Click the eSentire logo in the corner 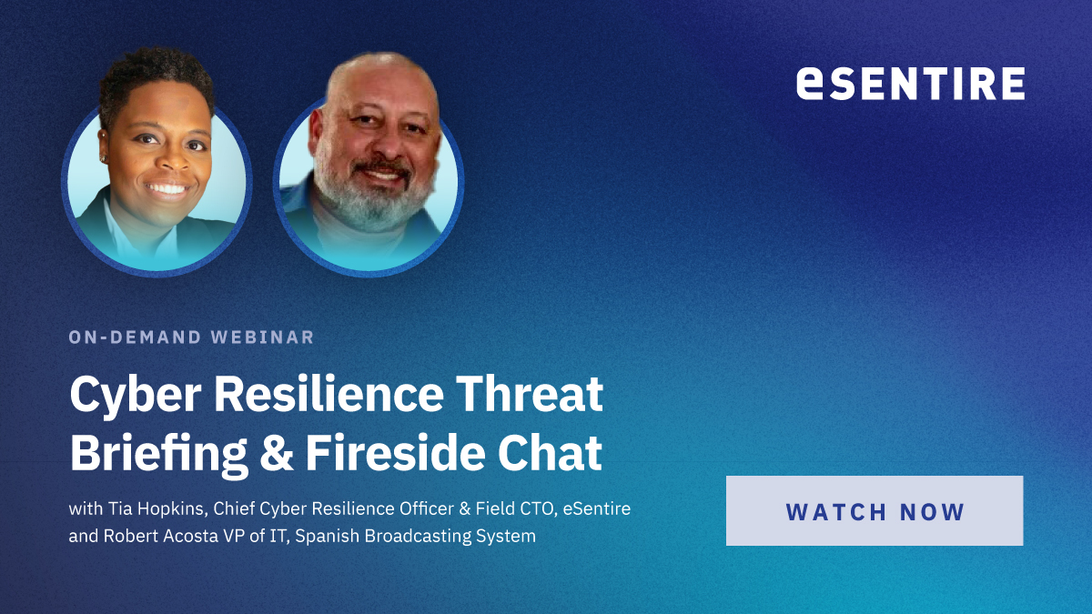(910, 83)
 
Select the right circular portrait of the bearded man (369, 182)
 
